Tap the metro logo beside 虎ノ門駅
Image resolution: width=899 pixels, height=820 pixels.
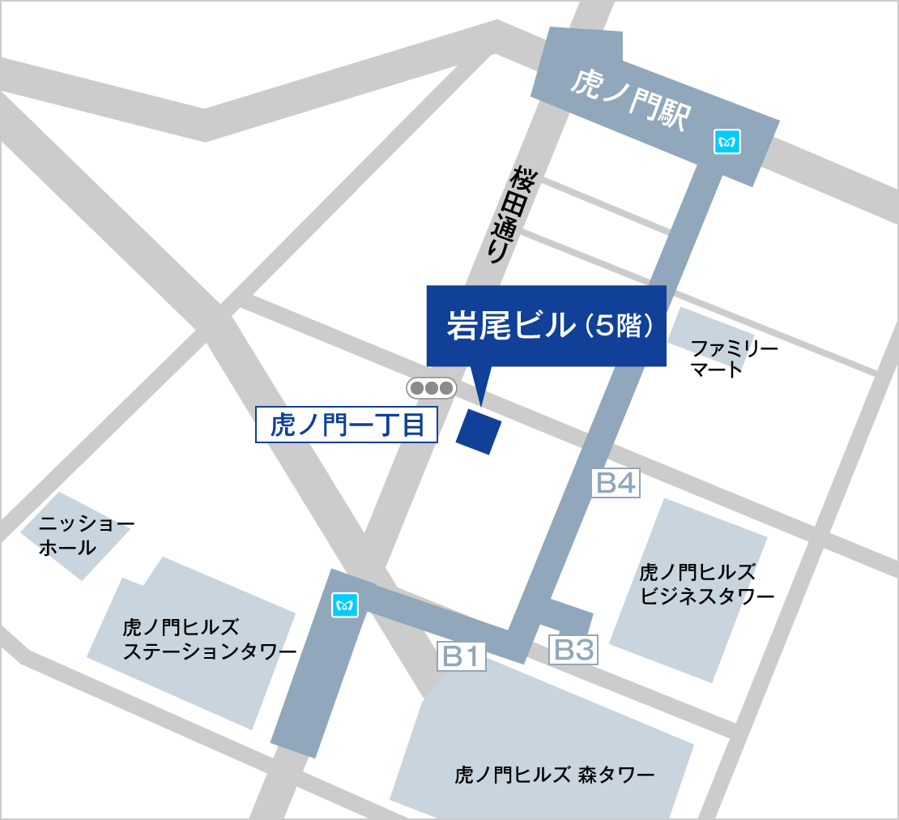[726, 142]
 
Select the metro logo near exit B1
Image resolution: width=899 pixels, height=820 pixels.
[345, 604]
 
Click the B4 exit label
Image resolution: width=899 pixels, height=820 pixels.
[616, 484]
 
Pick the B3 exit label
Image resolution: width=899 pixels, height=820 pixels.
[573, 649]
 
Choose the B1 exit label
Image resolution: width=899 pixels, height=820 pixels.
[462, 656]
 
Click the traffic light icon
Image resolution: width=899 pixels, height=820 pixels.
[431, 388]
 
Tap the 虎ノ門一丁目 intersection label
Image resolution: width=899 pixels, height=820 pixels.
[347, 425]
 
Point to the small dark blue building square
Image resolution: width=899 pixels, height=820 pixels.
[478, 431]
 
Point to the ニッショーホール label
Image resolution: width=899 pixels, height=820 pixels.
[78, 536]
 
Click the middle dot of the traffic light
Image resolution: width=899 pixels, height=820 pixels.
[431, 388]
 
